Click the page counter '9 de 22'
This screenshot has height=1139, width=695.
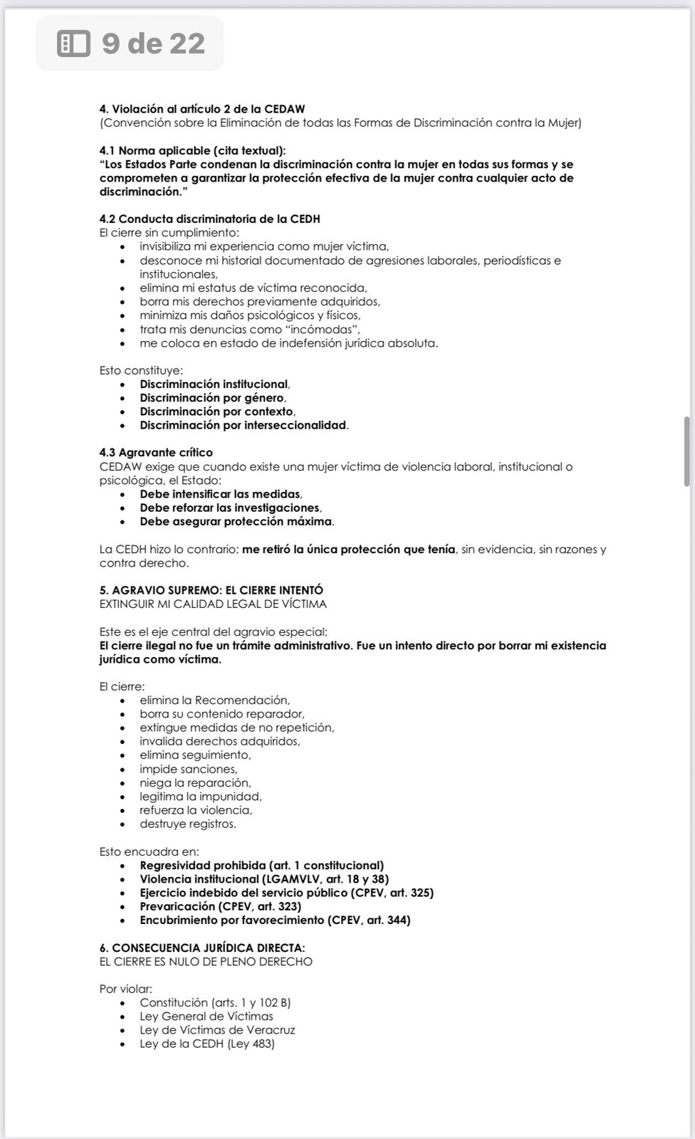pos(153,44)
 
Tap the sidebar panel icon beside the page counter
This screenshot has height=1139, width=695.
pos(73,44)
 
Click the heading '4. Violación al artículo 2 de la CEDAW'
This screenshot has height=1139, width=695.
pos(202,109)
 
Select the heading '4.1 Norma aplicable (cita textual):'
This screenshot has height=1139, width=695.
pos(192,150)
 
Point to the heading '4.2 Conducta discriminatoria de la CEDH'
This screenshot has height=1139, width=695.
pos(209,219)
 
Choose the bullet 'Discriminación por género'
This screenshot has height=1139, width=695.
pos(211,398)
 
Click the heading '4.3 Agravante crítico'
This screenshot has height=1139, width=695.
pos(156,453)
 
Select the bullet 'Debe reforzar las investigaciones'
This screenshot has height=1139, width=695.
pos(229,508)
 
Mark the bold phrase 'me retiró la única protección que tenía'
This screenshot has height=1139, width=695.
pos(348,549)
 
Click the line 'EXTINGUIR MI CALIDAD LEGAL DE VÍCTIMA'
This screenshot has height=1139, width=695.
pos(213,604)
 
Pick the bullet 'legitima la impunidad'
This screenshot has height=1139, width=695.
pos(200,797)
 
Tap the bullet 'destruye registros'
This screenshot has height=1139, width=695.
pos(187,824)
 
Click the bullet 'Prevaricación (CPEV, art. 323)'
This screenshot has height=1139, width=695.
pos(220,906)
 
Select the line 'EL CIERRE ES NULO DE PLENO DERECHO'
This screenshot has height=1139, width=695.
pos(206,961)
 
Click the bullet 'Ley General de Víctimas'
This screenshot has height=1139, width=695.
pos(206,1016)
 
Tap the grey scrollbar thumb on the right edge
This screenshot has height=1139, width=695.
pos(686,451)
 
